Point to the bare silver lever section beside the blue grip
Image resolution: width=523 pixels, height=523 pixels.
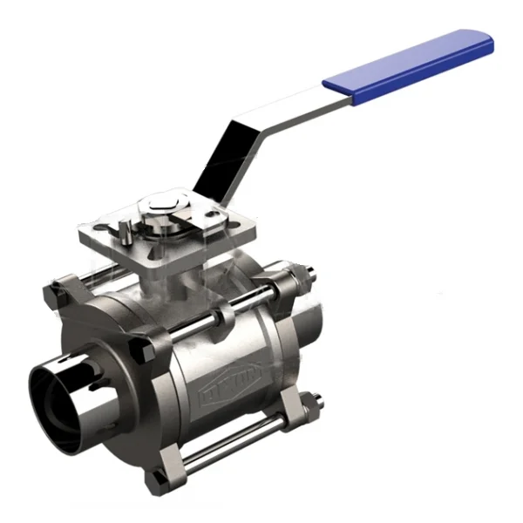pos(288,110)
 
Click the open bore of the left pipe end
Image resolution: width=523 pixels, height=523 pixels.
pos(56,384)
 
